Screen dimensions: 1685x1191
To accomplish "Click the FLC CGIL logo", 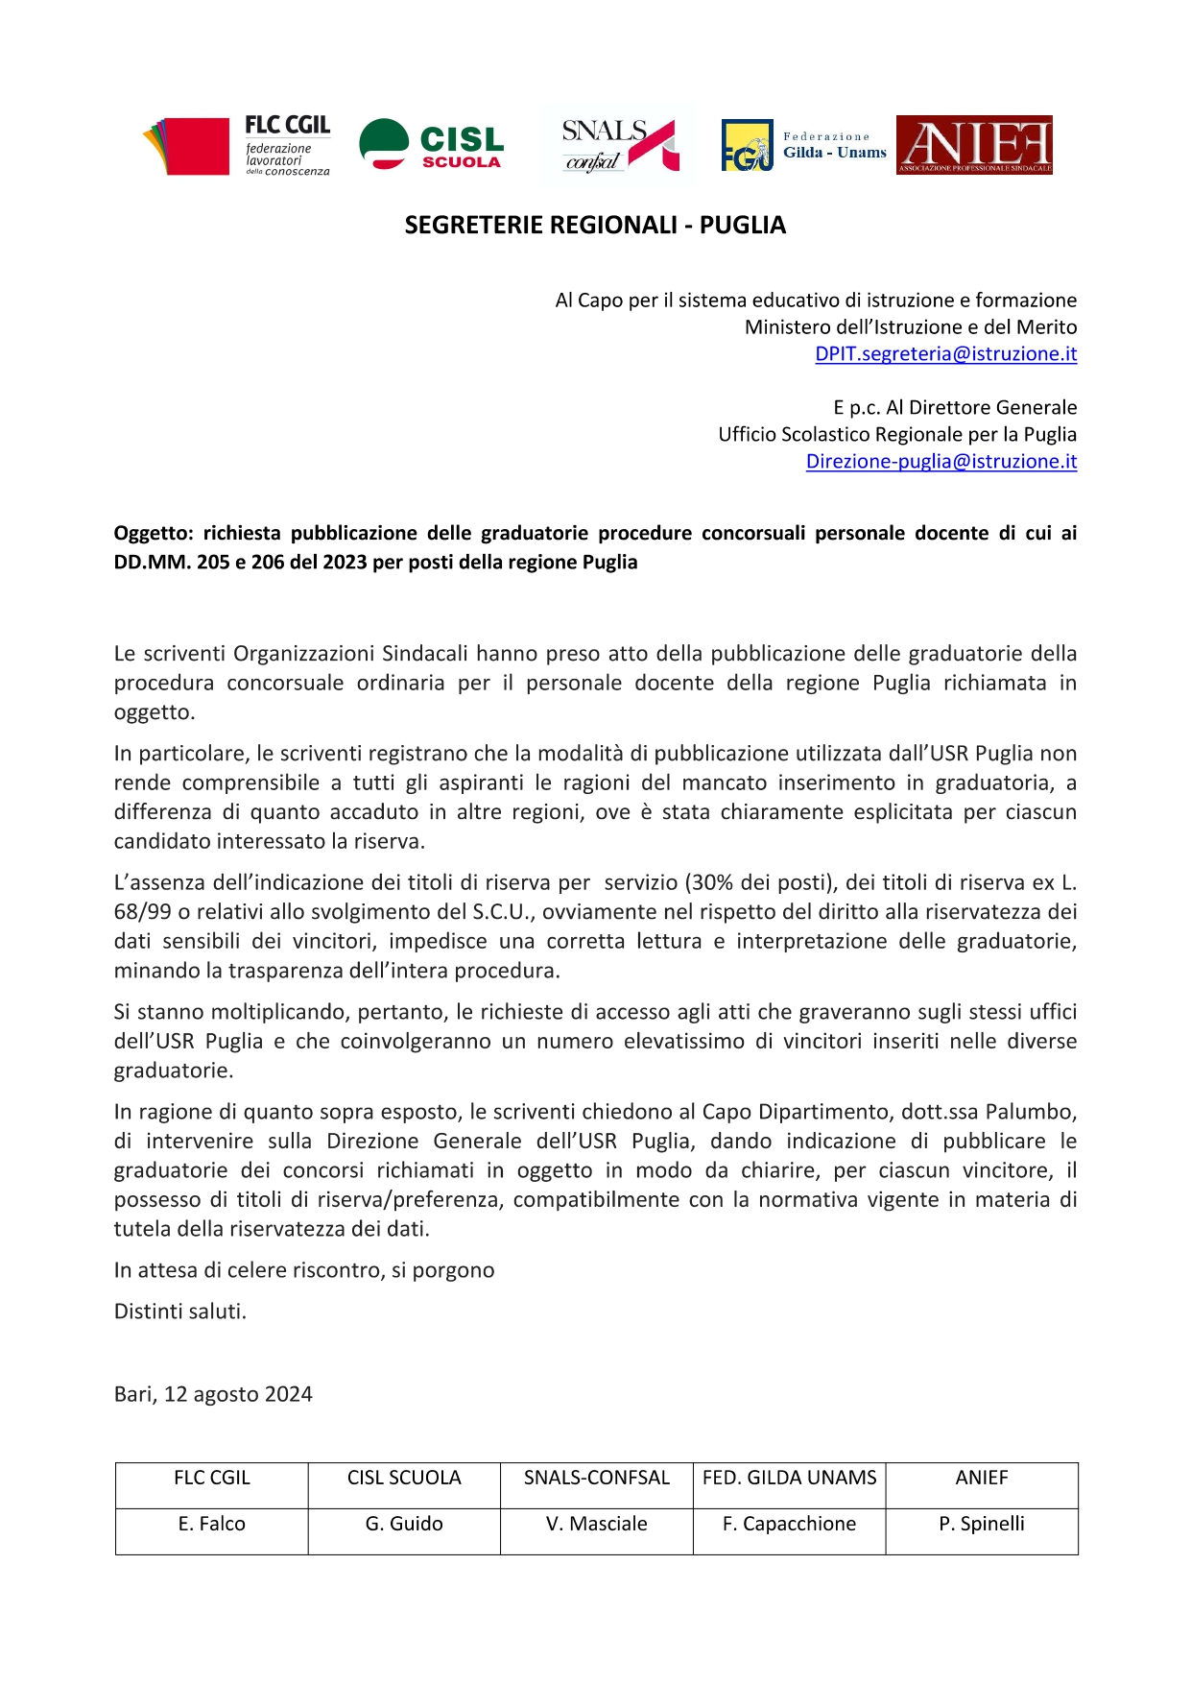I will click(236, 146).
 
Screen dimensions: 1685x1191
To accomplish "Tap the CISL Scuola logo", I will click(431, 145).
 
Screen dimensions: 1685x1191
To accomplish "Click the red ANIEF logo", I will click(974, 145).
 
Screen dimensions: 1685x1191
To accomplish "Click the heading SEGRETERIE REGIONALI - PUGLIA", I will click(595, 225).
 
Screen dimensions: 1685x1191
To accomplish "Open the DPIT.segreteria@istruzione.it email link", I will click(945, 354).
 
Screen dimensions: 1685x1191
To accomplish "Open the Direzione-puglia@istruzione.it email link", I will click(941, 462).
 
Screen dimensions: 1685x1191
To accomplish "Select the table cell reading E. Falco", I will click(212, 1524).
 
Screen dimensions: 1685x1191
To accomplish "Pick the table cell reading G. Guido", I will click(404, 1524).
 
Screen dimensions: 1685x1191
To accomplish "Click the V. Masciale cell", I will click(596, 1524).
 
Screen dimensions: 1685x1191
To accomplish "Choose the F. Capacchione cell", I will click(789, 1524).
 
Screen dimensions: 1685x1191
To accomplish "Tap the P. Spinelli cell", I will click(982, 1524).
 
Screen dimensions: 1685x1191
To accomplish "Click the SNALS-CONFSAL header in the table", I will click(596, 1478).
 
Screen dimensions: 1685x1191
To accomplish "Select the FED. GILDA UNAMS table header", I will click(789, 1478).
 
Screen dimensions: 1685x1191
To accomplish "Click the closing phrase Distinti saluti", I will click(180, 1312).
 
